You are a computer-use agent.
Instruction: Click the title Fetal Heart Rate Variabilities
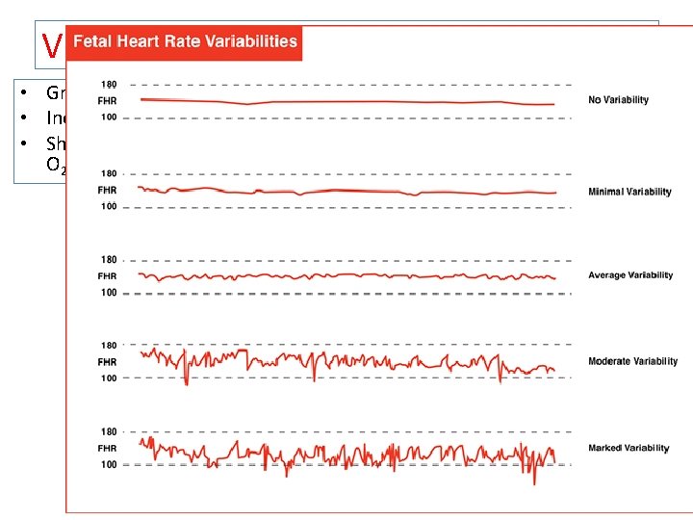185,42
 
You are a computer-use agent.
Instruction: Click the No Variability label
618,100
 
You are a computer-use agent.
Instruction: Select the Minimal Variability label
629,192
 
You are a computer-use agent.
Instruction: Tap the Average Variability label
630,275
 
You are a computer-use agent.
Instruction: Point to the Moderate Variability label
632,362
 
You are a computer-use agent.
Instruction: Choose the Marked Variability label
629,449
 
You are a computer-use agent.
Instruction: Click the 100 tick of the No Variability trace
107,117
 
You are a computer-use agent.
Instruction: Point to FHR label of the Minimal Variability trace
107,191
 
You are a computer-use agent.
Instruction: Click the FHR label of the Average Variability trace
107,276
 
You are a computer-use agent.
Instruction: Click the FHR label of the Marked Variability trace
107,449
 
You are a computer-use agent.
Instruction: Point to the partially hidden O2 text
54,165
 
